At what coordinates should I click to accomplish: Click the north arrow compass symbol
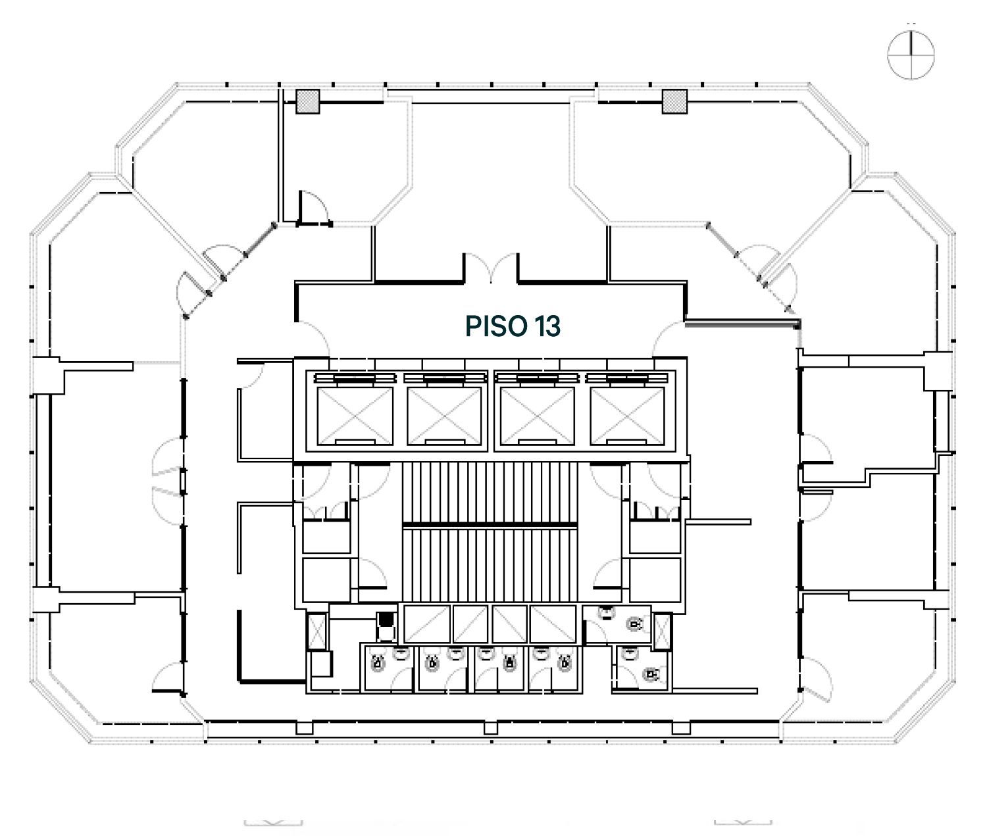click(911, 55)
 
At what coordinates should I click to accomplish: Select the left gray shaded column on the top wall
click(307, 101)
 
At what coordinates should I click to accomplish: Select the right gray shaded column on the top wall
click(674, 101)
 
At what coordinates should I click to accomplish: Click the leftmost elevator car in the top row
click(355, 416)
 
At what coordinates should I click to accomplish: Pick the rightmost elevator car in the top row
click(628, 416)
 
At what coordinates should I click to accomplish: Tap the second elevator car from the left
click(445, 416)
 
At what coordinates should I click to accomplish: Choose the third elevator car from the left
click(538, 416)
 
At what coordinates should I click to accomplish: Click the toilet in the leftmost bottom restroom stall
click(378, 662)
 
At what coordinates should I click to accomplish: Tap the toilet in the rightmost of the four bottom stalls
click(565, 662)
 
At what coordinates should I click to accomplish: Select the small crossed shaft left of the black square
click(316, 632)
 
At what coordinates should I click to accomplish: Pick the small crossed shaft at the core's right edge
click(662, 631)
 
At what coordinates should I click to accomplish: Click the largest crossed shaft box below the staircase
click(553, 624)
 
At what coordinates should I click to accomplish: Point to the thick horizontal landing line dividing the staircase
click(490, 525)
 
